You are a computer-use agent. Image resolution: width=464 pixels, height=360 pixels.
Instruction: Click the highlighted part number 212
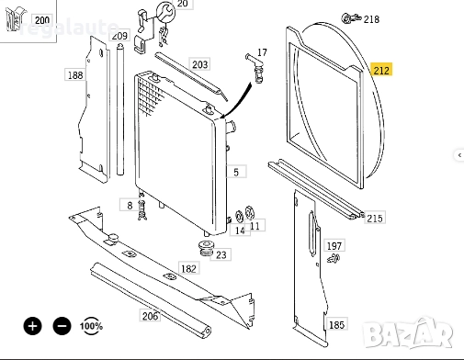pos(380,69)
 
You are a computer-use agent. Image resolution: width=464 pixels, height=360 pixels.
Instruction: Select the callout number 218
pos(371,18)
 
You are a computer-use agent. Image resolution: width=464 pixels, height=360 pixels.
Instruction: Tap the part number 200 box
pos(42,19)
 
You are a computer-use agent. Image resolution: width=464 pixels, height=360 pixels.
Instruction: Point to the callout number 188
pos(74,75)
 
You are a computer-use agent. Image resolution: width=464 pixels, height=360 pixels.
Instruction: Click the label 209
pos(119,37)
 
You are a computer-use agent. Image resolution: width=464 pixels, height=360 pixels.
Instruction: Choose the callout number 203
pos(199,64)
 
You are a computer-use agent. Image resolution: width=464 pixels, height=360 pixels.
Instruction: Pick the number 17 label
pos(262,53)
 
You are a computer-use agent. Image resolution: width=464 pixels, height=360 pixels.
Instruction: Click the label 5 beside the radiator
pos(235,172)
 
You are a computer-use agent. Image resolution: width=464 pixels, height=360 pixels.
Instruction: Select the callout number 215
pos(374,218)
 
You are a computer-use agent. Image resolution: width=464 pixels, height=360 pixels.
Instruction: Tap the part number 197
pos(334,246)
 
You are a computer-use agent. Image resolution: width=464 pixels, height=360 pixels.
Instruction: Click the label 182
pos(188,268)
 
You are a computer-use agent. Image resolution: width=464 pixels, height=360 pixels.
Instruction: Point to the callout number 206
pos(150,316)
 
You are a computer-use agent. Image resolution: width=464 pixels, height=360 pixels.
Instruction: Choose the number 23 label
pos(221,254)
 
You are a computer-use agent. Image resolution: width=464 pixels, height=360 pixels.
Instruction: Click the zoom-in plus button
pos(33,325)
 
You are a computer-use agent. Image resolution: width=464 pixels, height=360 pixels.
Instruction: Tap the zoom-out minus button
pos(62,325)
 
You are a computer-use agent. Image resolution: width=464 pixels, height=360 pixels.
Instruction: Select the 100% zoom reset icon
pos(90,325)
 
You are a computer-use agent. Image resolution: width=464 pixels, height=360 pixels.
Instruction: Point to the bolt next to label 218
pos(350,17)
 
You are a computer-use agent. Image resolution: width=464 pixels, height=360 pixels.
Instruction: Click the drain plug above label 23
pos(207,247)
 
